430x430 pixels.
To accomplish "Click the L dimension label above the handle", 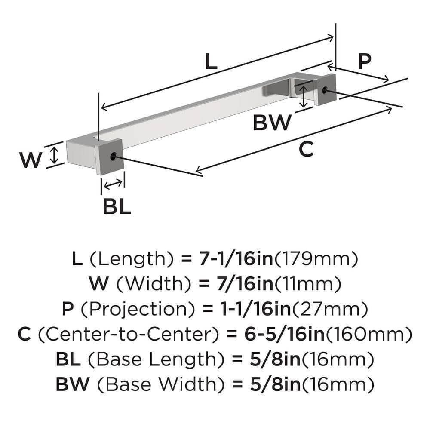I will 211,63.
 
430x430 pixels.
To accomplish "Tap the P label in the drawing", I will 364,62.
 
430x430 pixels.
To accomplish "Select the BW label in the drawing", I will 272,123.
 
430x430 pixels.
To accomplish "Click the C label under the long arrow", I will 306,150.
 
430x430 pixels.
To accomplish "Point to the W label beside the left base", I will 31,161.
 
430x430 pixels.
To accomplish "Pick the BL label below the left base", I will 117,207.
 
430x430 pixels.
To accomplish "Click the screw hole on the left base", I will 113,157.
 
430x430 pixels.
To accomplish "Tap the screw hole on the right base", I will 325,90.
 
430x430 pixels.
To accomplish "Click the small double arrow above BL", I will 113,184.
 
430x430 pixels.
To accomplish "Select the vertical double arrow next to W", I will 54,155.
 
